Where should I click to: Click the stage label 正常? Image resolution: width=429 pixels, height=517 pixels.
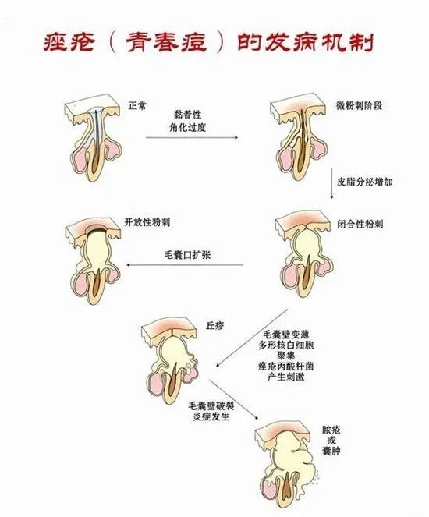tap(136, 106)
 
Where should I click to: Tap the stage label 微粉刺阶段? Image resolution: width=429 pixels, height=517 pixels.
tap(359, 105)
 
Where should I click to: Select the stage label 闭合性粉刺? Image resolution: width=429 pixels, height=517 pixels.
tap(360, 225)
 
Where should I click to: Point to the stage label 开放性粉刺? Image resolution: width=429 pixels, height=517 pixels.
tap(147, 222)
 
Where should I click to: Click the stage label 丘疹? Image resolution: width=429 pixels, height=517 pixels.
tap(215, 326)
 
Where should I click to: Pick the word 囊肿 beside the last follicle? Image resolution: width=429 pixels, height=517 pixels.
tap(331, 451)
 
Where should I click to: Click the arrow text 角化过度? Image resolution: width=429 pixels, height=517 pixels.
tap(188, 127)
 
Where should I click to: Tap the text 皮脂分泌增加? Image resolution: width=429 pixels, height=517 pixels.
tap(364, 182)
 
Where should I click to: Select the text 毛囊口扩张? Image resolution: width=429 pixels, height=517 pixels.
tap(187, 255)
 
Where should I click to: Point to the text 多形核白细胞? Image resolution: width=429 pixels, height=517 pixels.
tap(286, 345)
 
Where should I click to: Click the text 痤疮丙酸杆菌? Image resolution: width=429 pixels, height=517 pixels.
tap(286, 366)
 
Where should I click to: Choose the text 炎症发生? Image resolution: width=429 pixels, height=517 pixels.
tap(211, 416)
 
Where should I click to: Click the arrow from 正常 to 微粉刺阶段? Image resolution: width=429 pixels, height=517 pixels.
tap(192, 137)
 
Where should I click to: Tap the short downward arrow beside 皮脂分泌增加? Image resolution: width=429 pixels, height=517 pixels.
tap(331, 184)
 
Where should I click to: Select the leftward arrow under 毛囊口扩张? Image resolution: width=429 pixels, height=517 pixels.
tap(185, 265)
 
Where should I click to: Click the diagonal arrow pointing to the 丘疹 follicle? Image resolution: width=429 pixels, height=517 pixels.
tap(252, 338)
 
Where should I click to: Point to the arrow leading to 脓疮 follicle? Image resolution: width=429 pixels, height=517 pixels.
tap(234, 399)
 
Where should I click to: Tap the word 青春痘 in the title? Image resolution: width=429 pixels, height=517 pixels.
tap(166, 43)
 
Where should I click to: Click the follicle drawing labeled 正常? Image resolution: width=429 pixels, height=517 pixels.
tap(93, 139)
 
